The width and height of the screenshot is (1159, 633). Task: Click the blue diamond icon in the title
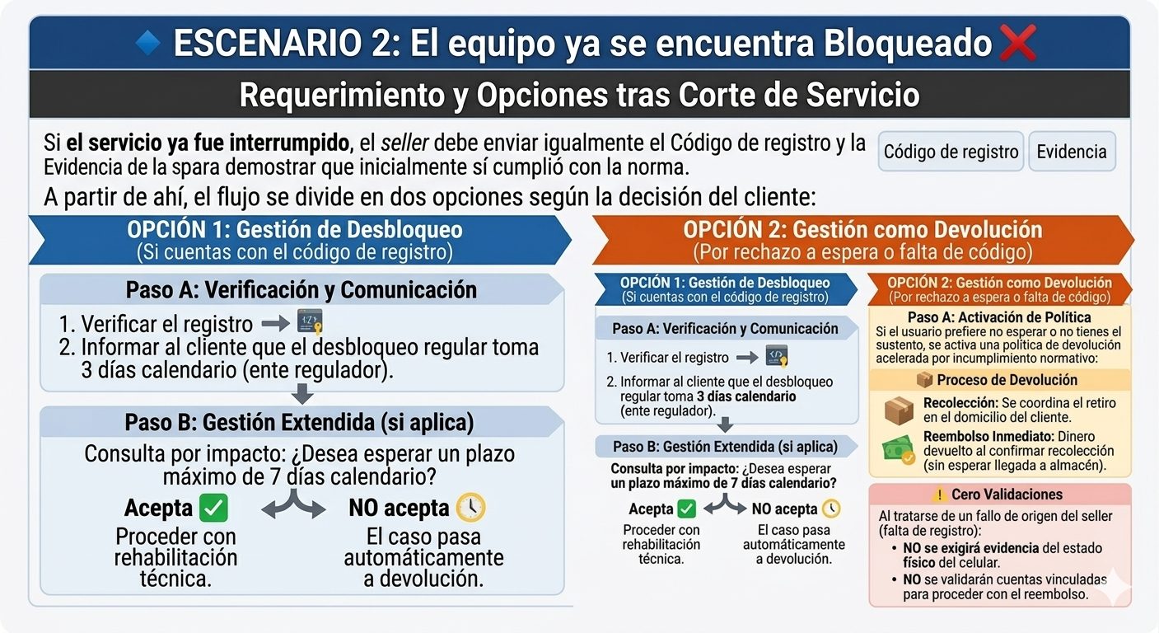click(148, 42)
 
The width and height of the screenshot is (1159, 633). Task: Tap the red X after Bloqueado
click(1018, 42)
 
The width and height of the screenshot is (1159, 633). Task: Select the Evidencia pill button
click(1072, 152)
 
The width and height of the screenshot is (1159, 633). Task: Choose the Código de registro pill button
click(951, 152)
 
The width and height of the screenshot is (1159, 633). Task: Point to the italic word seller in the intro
click(404, 143)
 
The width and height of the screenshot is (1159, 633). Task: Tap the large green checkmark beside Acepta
click(213, 508)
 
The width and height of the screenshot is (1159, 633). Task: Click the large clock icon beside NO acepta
click(470, 507)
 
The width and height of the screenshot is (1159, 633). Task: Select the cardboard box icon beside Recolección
click(899, 410)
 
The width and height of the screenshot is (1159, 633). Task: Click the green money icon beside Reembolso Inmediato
click(899, 449)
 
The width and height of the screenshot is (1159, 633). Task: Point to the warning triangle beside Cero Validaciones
click(938, 495)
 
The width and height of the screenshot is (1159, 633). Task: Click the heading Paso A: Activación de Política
click(999, 317)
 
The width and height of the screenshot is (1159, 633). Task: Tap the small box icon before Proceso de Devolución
click(924, 380)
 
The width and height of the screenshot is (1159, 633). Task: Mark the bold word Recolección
click(960, 403)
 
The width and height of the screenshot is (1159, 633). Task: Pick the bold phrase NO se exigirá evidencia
click(970, 548)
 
